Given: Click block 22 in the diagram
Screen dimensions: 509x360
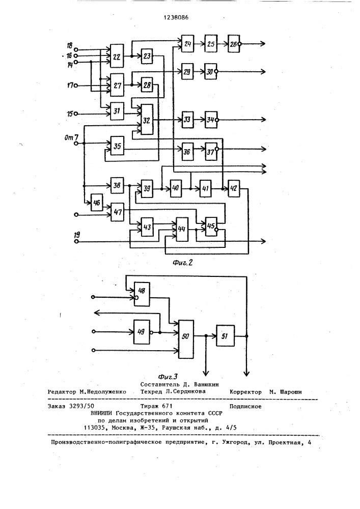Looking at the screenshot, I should pos(117,56).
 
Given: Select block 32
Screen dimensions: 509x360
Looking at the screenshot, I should pos(147,120).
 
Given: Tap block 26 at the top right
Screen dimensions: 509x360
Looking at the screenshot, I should pos(234,44).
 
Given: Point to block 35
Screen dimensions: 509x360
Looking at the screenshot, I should pos(117,147).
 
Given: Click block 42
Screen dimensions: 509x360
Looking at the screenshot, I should pos(234,189).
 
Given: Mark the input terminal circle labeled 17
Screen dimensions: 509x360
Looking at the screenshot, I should pos(76,85).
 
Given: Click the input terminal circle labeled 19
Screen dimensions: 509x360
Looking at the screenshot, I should pos(76,241).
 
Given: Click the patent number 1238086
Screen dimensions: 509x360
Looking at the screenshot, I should pos(180,17).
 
